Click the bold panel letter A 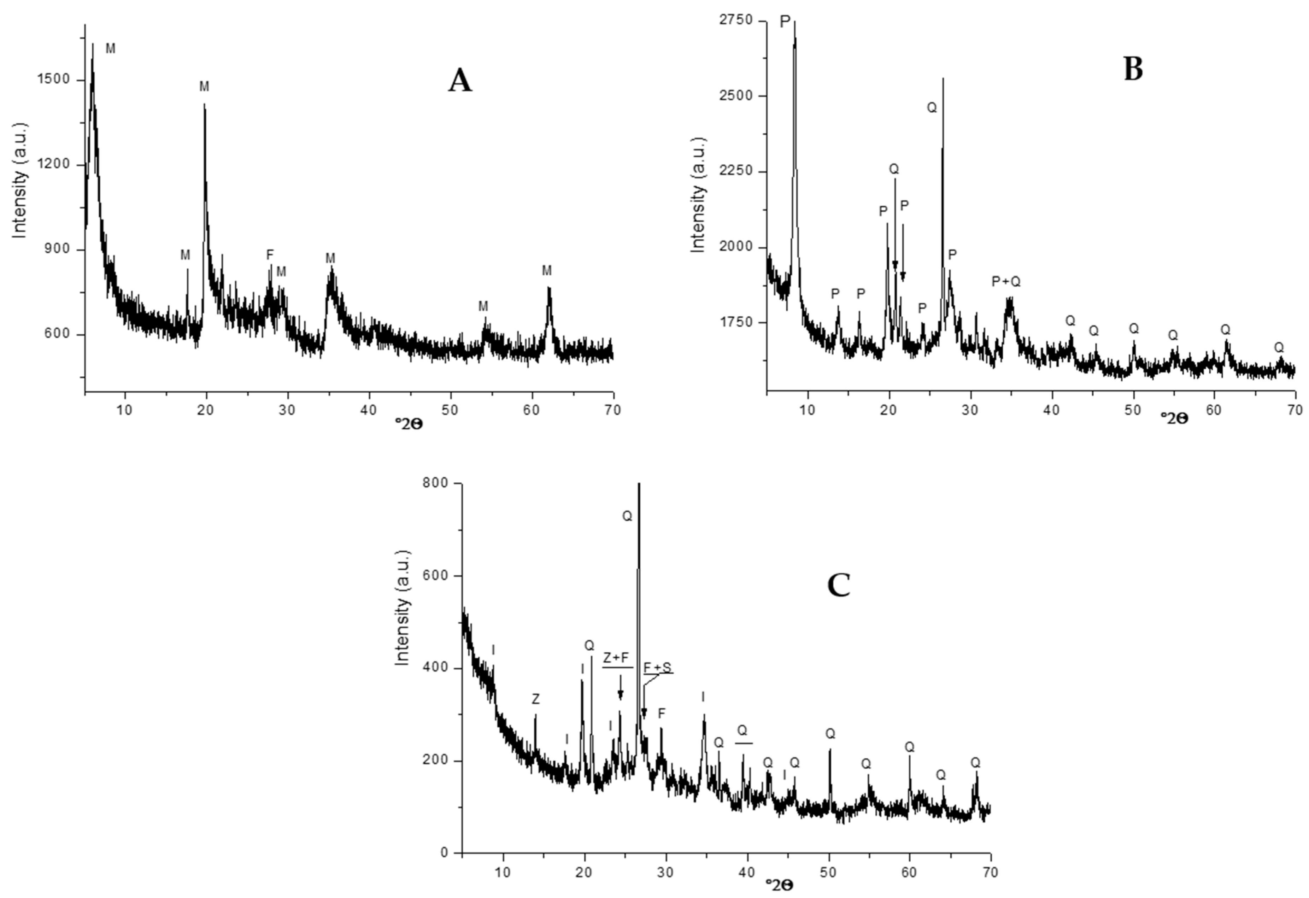pos(460,81)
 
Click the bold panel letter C pos(838,586)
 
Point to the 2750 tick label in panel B pos(736,20)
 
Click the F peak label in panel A pos(270,255)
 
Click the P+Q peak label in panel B pos(1006,281)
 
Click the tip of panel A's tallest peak pos(93,44)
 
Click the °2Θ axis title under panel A pos(409,424)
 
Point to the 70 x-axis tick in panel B pos(1295,410)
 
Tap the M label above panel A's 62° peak pos(546,271)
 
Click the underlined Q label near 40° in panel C pos(742,731)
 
